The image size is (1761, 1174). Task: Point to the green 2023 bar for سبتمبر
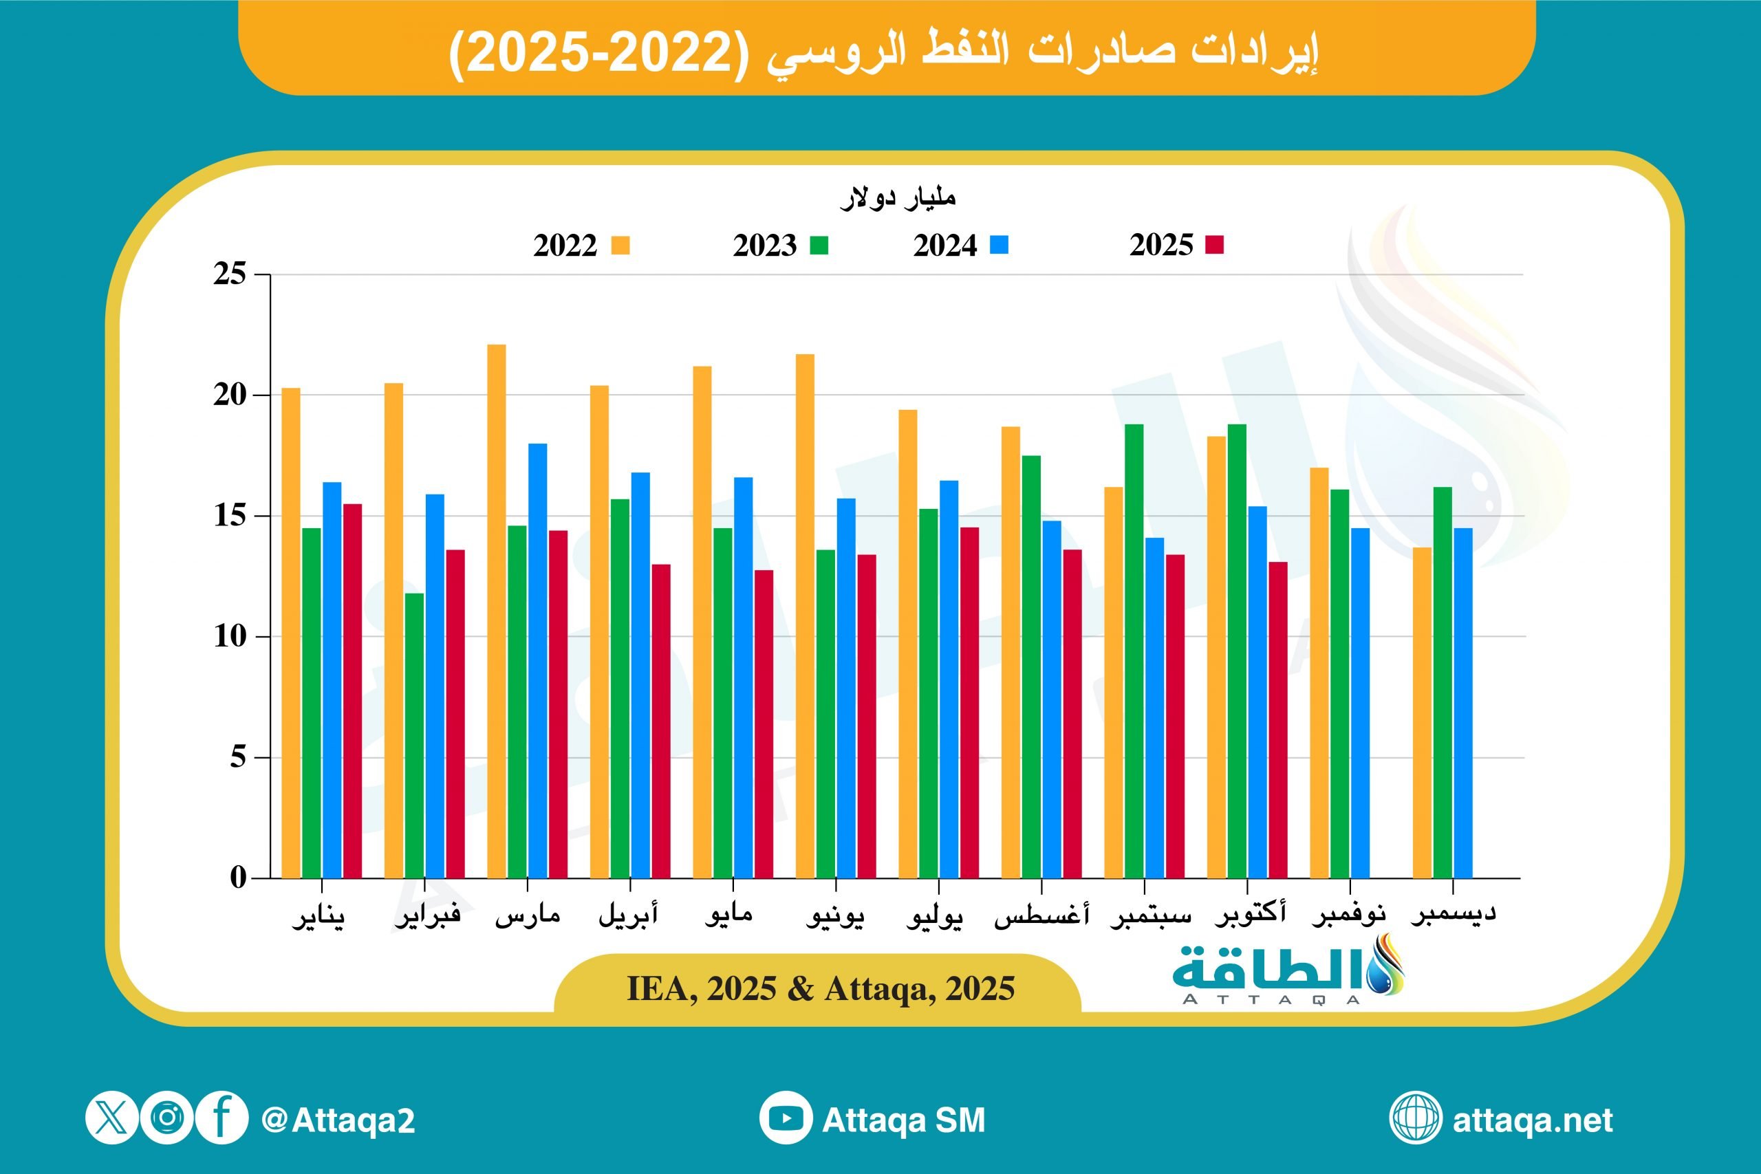1134,651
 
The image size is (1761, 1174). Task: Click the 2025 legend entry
1176,245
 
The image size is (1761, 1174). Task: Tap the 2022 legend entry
581,246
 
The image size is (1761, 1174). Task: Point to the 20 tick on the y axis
230,395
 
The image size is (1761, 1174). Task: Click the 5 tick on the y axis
238,757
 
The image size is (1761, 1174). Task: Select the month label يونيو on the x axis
835,915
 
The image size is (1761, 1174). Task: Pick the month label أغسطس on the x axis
1041,915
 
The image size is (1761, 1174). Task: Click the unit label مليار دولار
898,197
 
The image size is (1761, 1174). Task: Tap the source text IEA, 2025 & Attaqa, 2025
821,989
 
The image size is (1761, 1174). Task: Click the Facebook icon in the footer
222,1118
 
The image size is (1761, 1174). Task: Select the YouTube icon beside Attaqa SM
786,1118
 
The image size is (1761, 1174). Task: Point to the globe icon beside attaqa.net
1415,1118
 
